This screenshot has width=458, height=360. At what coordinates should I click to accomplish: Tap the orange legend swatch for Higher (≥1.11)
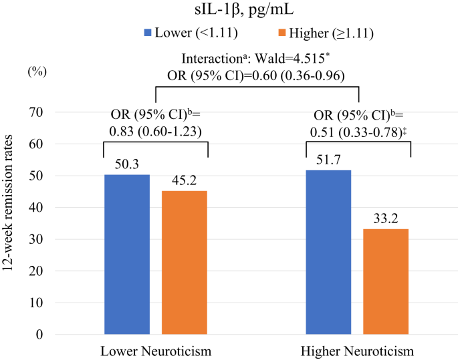pyautogui.click(x=281, y=32)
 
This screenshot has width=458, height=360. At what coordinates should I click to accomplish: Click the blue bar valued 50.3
pyautogui.click(x=127, y=254)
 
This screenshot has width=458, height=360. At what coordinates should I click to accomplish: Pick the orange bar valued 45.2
pyautogui.click(x=185, y=262)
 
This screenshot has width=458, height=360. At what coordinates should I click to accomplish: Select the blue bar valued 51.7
pyautogui.click(x=328, y=252)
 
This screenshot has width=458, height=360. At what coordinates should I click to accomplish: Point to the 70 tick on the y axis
pyautogui.click(x=35, y=112)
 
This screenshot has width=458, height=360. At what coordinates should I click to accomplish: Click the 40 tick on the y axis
pyautogui.click(x=35, y=208)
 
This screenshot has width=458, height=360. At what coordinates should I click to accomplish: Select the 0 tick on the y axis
pyautogui.click(x=39, y=335)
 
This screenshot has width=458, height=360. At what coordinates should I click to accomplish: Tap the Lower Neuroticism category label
pyautogui.click(x=156, y=351)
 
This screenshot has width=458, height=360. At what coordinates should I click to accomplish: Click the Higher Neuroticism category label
pyautogui.click(x=357, y=351)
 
